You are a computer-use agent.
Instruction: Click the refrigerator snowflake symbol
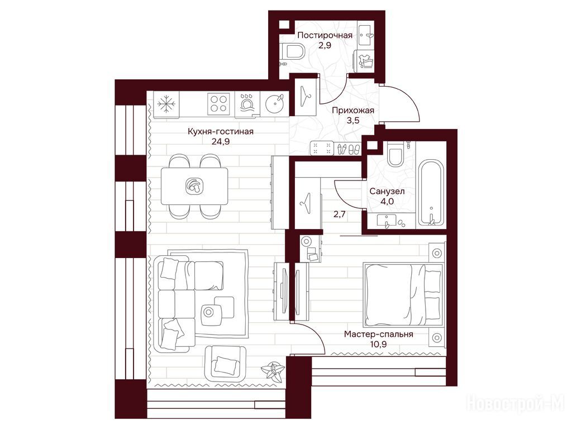tap(166, 103)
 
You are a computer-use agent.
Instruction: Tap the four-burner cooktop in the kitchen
tap(218, 103)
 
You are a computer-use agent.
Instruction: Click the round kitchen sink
tap(274, 103)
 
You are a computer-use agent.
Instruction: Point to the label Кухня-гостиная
tap(221, 131)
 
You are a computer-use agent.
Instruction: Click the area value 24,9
tap(221, 142)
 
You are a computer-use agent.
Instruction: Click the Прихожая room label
tap(353, 110)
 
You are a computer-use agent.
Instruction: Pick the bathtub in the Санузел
tap(431, 192)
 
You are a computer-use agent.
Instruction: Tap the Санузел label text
tap(387, 191)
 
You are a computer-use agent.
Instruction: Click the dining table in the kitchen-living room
tap(194, 186)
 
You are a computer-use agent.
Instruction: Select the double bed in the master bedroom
tap(403, 294)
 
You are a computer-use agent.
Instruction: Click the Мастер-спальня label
tap(379, 334)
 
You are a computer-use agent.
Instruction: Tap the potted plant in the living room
tap(272, 371)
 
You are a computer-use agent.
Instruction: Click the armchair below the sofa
tap(225, 364)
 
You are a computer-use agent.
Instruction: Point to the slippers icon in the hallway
tap(349, 149)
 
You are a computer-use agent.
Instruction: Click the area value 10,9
tap(378, 344)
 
